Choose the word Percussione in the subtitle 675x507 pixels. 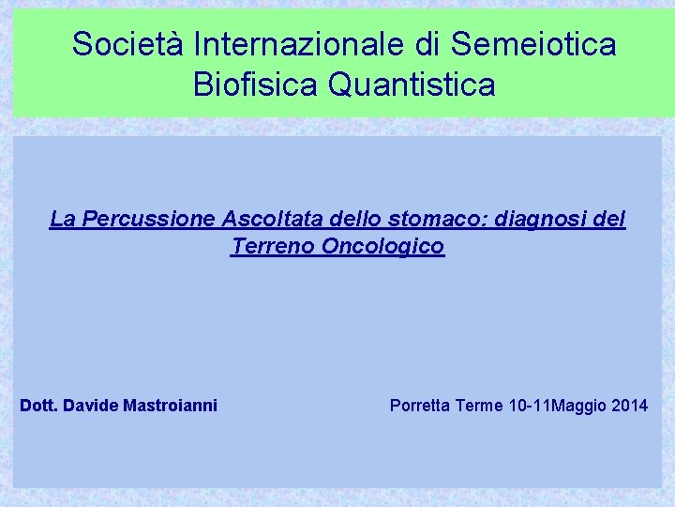[150, 220]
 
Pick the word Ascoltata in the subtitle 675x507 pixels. [267, 220]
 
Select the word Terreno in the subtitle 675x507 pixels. [272, 247]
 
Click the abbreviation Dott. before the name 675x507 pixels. [40, 406]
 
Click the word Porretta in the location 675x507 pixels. [421, 406]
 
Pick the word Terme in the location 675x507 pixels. [480, 406]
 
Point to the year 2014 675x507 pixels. [628, 406]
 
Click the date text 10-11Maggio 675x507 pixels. [557, 406]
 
